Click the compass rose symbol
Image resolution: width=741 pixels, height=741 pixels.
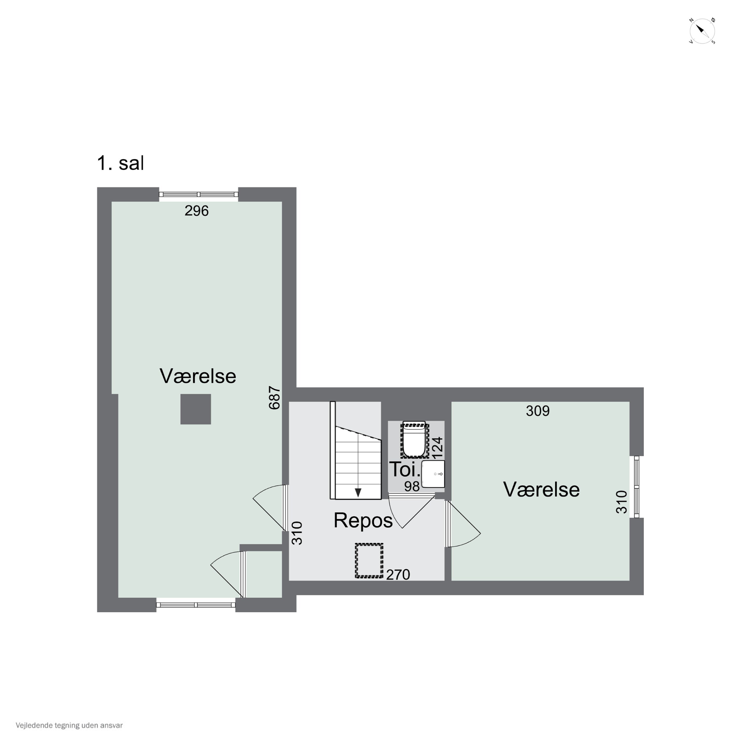click(x=702, y=31)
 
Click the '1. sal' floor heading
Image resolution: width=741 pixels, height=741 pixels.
click(x=121, y=163)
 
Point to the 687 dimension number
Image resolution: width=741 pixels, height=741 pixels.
click(x=275, y=398)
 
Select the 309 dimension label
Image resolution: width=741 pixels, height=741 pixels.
click(x=538, y=411)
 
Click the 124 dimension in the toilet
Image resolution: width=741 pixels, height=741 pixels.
click(x=438, y=448)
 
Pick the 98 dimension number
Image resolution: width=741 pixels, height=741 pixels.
click(x=412, y=486)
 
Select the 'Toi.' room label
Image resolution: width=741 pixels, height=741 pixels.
click(x=405, y=469)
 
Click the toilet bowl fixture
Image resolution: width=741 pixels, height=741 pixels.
click(x=414, y=440)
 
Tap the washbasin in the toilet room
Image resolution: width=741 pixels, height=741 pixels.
click(x=433, y=474)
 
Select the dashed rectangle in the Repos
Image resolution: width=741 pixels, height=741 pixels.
click(x=369, y=561)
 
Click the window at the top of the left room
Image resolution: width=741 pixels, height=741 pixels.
click(x=199, y=194)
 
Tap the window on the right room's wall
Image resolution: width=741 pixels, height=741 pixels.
click(x=637, y=487)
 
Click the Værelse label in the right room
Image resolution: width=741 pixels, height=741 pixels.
click(x=541, y=489)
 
